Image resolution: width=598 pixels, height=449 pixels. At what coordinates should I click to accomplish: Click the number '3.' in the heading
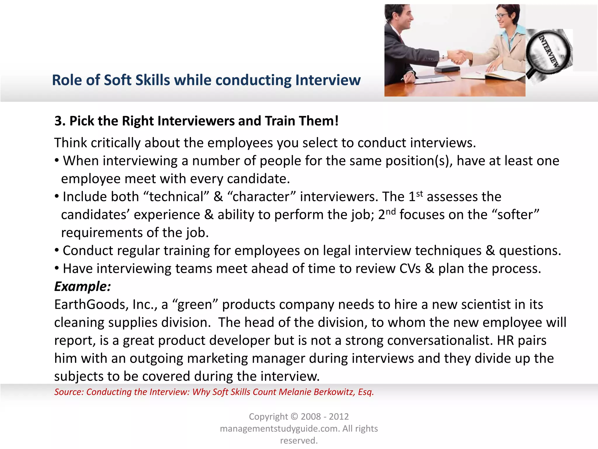tap(60, 121)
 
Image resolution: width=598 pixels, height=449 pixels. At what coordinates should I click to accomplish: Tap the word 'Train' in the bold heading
tap(283, 121)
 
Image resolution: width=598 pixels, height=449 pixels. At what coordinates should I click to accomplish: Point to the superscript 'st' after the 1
tap(419, 194)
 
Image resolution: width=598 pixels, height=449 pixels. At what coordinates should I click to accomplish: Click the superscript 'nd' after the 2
tap(391, 212)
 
